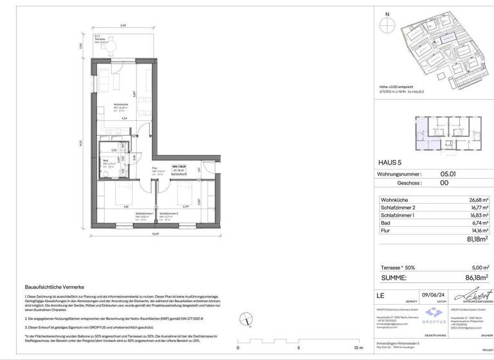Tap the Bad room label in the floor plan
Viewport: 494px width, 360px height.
pos(105,161)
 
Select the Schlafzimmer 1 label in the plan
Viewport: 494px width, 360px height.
pos(143,213)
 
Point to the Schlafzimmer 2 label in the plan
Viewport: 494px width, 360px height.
pos(169,213)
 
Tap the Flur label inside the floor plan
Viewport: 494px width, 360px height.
pos(155,169)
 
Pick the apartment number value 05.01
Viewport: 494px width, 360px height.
pos(449,174)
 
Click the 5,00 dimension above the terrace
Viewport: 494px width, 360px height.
pos(123,26)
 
